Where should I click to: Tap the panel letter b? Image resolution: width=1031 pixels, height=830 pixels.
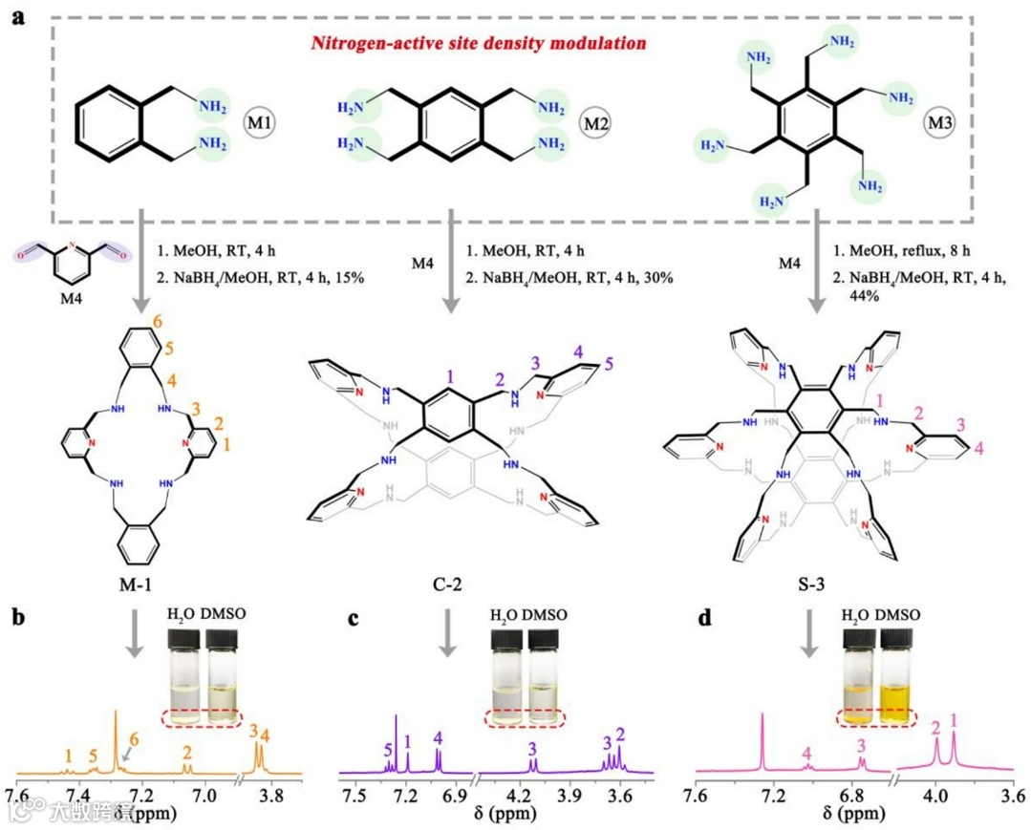pos(20,617)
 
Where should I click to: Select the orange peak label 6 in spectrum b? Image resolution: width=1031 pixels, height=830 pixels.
pos(134,740)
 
